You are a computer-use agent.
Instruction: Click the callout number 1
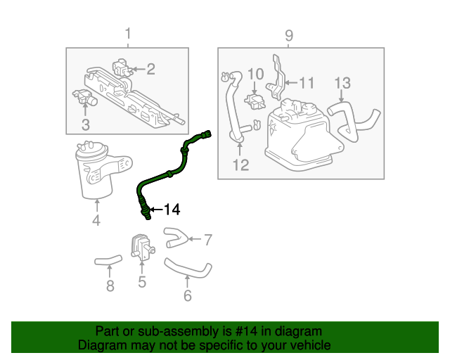coord(127,34)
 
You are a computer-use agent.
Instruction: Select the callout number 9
coord(288,35)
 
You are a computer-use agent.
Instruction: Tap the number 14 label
coord(171,209)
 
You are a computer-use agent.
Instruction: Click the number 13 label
coord(341,83)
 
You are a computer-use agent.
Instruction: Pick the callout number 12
coord(240,165)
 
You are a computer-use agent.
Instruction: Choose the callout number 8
coord(110,285)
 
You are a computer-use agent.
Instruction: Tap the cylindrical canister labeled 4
coord(96,171)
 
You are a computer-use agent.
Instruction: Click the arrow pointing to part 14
coord(156,209)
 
